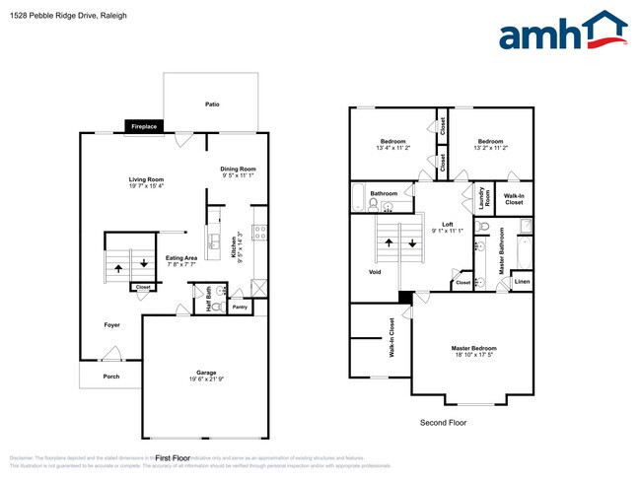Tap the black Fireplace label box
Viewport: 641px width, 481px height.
point(144,126)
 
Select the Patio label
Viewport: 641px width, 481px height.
point(211,103)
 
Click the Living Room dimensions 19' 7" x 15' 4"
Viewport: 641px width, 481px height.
point(145,186)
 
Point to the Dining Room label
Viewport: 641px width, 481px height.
point(239,168)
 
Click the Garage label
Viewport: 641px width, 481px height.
point(206,373)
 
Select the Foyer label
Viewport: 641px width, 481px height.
point(113,324)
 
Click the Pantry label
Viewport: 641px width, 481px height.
point(240,307)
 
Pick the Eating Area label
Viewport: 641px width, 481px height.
point(181,257)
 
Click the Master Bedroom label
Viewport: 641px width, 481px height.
point(473,348)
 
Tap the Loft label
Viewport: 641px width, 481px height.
point(447,224)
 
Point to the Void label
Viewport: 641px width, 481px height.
point(374,272)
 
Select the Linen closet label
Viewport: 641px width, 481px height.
point(522,283)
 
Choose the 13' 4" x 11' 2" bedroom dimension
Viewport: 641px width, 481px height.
point(392,148)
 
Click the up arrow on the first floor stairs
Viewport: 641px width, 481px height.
point(118,266)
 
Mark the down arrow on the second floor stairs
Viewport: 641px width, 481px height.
point(412,242)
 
